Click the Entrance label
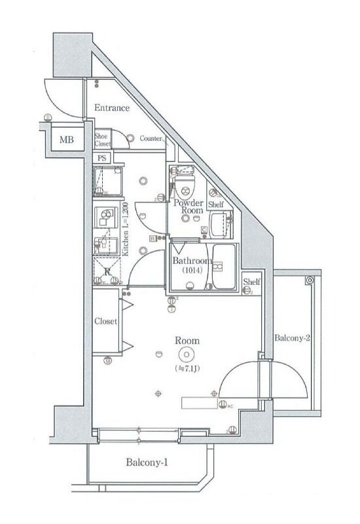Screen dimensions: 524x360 111,108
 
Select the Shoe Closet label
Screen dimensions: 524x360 103,139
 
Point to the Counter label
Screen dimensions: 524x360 151,139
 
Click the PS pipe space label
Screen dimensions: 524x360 101,158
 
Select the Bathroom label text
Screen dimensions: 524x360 191,261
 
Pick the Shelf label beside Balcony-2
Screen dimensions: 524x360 252,282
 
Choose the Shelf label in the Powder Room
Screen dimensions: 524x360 217,205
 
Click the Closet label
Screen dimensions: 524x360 105,322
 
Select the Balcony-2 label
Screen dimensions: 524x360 291,339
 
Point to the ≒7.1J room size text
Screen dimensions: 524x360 187,369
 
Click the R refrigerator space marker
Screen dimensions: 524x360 105,269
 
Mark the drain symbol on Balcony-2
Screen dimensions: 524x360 309,280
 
